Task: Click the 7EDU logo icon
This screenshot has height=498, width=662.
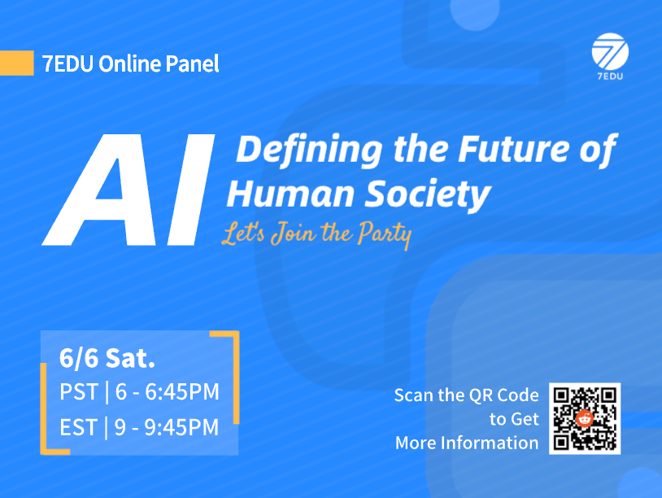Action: (x=609, y=53)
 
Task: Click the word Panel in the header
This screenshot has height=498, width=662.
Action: (x=192, y=63)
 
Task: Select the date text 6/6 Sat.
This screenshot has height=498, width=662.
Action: (x=107, y=357)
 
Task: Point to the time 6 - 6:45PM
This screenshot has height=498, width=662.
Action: (x=168, y=392)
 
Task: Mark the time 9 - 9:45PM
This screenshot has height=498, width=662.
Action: (x=168, y=426)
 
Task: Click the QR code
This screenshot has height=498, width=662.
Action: (x=585, y=418)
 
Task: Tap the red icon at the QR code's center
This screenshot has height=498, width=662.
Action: (x=585, y=418)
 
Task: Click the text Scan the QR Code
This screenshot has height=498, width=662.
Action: (x=466, y=395)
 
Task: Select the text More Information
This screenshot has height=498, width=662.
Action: (x=466, y=443)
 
